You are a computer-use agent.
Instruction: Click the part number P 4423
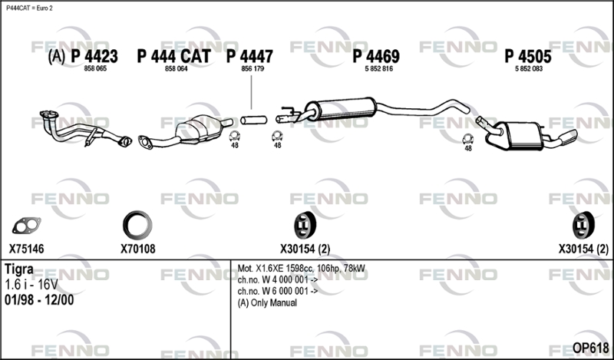(x=94, y=56)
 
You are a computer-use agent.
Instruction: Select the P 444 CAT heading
(x=174, y=56)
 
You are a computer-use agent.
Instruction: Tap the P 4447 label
(x=249, y=56)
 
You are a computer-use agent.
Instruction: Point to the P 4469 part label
(x=376, y=56)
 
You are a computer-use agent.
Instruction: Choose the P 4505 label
(x=528, y=56)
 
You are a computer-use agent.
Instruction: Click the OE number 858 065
(x=95, y=69)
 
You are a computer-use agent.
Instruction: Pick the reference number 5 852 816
(x=378, y=69)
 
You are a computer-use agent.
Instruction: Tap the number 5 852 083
(x=529, y=69)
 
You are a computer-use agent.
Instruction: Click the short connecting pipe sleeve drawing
(x=254, y=120)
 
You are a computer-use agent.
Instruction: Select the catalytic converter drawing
(x=200, y=129)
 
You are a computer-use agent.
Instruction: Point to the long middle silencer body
(x=342, y=108)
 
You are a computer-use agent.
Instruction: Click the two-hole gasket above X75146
(x=26, y=226)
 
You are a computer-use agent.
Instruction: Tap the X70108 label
(x=138, y=249)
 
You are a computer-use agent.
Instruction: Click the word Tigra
(x=18, y=269)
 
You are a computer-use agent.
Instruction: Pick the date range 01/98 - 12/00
(x=39, y=300)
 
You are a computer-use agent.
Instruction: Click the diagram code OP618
(x=590, y=348)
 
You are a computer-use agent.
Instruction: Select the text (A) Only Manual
(x=267, y=302)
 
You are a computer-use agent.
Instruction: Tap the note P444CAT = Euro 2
(x=29, y=8)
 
